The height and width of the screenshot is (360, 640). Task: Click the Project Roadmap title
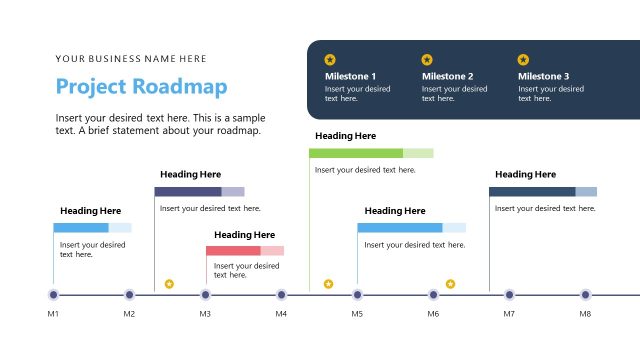[141, 86]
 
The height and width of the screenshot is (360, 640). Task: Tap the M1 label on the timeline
[53, 314]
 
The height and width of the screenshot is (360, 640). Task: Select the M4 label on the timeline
[281, 314]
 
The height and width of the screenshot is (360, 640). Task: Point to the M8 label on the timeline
[585, 314]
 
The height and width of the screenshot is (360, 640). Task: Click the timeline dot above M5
[357, 295]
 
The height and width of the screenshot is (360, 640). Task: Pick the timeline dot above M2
[129, 295]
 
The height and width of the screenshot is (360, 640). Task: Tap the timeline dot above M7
[509, 295]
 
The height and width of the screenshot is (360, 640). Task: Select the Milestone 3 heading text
[543, 76]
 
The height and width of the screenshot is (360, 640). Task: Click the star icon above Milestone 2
[427, 59]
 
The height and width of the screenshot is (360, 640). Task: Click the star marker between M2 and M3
[169, 284]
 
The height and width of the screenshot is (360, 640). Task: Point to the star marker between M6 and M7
[450, 284]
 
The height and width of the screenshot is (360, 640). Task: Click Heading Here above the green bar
[345, 136]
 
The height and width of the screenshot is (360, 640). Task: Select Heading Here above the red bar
[244, 234]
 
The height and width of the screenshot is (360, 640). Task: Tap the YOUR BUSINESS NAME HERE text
[131, 59]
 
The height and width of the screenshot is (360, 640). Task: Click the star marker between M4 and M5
[328, 284]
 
